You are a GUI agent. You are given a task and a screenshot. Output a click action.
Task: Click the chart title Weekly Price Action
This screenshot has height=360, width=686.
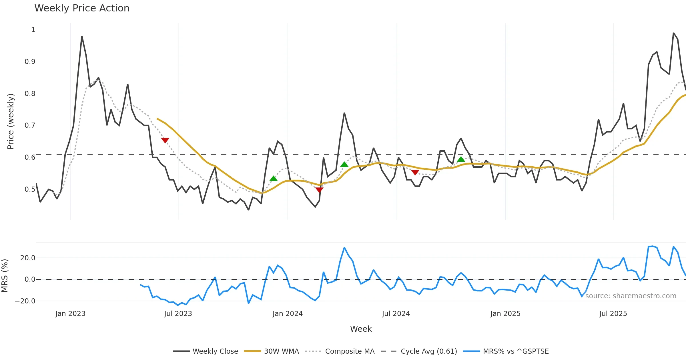click(x=82, y=8)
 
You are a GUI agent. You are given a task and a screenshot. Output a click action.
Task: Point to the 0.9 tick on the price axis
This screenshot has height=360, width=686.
click(x=30, y=62)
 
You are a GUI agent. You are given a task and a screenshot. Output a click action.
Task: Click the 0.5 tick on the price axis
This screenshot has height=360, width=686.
click(x=30, y=189)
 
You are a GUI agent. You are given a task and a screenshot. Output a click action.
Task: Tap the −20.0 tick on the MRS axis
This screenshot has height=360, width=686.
click(x=25, y=301)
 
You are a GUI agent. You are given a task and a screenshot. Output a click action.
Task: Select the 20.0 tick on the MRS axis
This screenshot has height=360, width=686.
click(x=28, y=258)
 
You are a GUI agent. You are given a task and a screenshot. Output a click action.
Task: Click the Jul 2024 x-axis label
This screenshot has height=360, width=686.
click(x=396, y=314)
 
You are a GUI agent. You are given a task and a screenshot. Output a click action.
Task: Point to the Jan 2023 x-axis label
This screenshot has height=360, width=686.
click(x=70, y=314)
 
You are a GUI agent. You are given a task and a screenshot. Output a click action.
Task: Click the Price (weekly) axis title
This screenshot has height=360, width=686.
click(x=11, y=121)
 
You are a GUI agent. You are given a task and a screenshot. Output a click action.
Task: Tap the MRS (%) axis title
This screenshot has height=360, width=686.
click(x=5, y=276)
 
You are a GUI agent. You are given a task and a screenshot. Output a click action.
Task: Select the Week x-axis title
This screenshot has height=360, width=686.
click(x=361, y=329)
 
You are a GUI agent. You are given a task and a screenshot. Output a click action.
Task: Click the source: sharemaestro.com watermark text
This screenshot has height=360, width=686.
click(x=631, y=296)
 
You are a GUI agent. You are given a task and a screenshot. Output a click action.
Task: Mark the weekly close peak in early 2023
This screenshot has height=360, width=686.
click(x=82, y=37)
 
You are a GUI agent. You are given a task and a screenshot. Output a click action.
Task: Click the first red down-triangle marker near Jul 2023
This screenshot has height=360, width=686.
click(x=165, y=140)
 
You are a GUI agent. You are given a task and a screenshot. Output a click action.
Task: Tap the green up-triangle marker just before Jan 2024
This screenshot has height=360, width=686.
click(x=274, y=179)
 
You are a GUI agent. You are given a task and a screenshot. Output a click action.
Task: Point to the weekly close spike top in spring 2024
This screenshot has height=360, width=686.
click(x=344, y=113)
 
